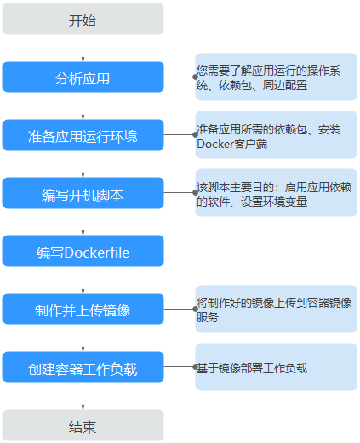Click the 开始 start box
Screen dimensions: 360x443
83,19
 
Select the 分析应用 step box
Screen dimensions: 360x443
83,77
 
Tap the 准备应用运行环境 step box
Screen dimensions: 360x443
83,134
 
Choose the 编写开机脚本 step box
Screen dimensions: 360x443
83,193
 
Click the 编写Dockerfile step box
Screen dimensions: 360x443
83,251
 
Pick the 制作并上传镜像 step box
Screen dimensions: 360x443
83,309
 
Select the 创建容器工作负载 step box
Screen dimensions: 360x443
83,367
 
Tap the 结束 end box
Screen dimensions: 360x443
83,425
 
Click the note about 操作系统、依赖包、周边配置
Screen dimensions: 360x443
276,77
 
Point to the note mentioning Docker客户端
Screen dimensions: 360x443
276,134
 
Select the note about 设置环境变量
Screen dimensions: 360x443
276,193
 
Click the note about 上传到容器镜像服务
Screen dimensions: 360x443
276,309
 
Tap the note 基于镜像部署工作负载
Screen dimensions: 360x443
276,367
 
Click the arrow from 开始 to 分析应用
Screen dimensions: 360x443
83,48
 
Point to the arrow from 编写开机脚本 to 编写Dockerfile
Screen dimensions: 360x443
83,222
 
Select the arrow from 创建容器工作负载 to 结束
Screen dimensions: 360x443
83,396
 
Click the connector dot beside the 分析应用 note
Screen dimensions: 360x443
195,77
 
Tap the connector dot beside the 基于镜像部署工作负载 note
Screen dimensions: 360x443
195,367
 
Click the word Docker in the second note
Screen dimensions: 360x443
215,144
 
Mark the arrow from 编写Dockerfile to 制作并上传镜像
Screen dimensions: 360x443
83,280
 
